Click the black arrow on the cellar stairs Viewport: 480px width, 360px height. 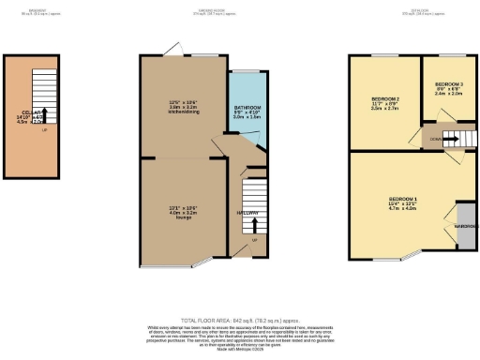pyautogui.click(x=43, y=114)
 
